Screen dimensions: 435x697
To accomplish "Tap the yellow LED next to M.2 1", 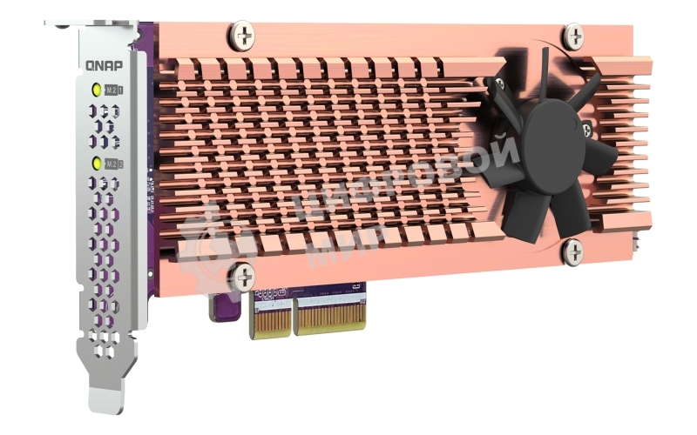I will click(95, 89).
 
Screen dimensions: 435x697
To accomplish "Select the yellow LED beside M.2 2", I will click(95, 162).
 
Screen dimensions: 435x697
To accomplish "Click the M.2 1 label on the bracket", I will click(114, 89).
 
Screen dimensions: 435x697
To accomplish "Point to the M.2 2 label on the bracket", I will click(114, 163).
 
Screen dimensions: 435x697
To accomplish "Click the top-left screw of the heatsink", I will click(242, 37).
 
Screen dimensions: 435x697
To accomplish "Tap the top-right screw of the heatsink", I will click(573, 36).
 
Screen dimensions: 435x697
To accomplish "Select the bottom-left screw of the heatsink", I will click(242, 278).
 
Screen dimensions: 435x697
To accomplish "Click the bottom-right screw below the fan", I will click(572, 253).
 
